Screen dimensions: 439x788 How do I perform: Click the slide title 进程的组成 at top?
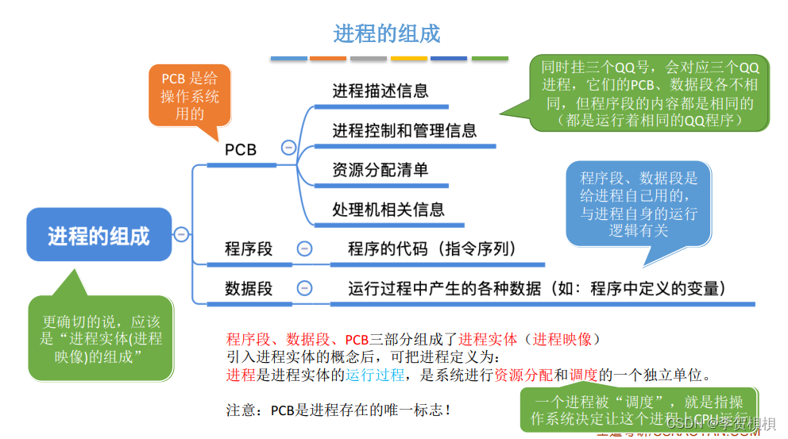pos(386,33)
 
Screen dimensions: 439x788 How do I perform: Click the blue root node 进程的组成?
pos(98,236)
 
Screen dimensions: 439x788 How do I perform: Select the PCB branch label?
pos(241,149)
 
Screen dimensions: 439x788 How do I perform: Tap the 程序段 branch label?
pos(248,249)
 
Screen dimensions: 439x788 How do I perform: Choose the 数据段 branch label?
pos(248,289)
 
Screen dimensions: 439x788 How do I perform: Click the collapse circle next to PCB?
pos(288,148)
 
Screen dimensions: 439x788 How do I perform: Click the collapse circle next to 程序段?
pos(304,249)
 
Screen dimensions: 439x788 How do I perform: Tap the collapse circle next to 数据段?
pos(304,289)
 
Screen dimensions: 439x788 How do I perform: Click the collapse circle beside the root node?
pos(182,234)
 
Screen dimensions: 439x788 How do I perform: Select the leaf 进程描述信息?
pos(380,91)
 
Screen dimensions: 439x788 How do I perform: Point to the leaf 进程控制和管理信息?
pos(404,131)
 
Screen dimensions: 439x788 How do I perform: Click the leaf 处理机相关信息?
pos(388,210)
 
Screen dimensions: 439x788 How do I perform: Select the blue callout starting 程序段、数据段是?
pos(638,204)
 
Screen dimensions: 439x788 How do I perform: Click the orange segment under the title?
pos(327,58)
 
